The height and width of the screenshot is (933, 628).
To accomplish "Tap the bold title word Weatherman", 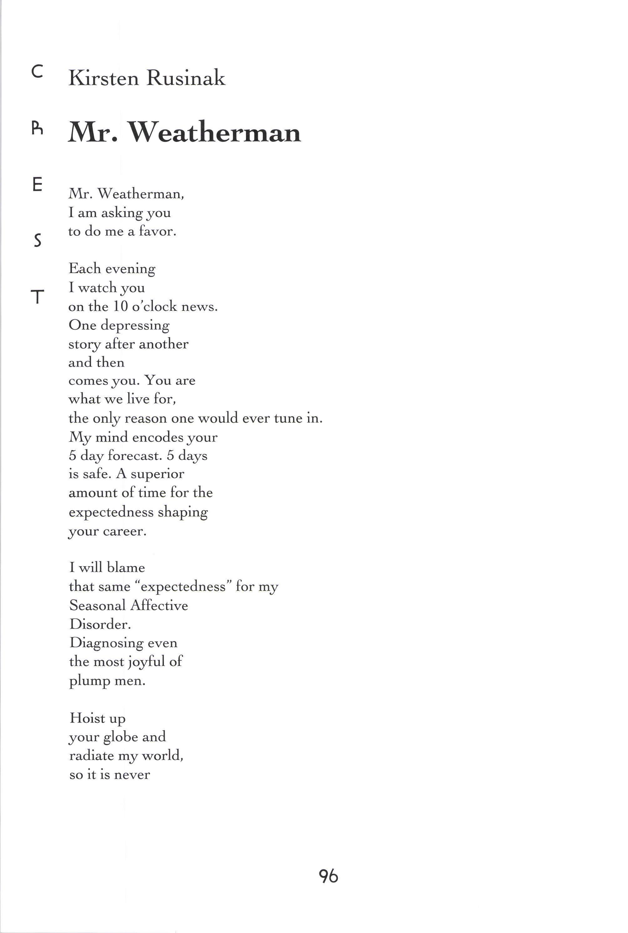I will (x=214, y=132).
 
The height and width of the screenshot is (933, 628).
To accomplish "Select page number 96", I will (x=328, y=876).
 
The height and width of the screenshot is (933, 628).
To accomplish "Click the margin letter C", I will (x=37, y=72).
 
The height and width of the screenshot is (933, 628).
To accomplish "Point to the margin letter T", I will (x=37, y=297).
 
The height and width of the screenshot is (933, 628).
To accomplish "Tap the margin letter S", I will (x=37, y=241).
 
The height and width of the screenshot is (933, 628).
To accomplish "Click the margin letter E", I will (x=37, y=184).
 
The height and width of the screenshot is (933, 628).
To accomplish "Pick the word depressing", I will (x=135, y=325).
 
